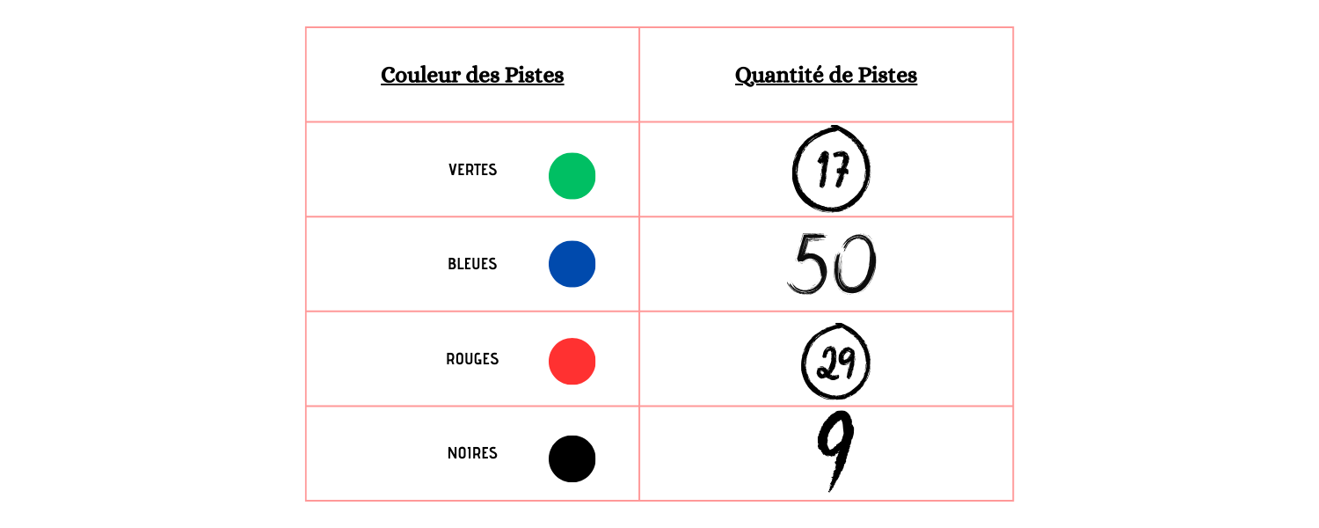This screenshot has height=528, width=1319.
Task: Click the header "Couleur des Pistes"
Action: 472,76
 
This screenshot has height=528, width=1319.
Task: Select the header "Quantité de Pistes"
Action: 826,76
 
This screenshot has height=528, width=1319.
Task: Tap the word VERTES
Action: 472,170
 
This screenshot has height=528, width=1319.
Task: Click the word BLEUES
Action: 472,264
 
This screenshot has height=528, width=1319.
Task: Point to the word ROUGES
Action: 472,359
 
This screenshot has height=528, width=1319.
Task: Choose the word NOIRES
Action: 472,453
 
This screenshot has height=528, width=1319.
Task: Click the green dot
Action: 572,176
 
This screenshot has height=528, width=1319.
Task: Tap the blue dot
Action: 572,264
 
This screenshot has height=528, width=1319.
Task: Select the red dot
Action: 572,361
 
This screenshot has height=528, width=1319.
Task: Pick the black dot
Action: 572,459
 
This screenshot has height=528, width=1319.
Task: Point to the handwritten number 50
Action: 832,263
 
